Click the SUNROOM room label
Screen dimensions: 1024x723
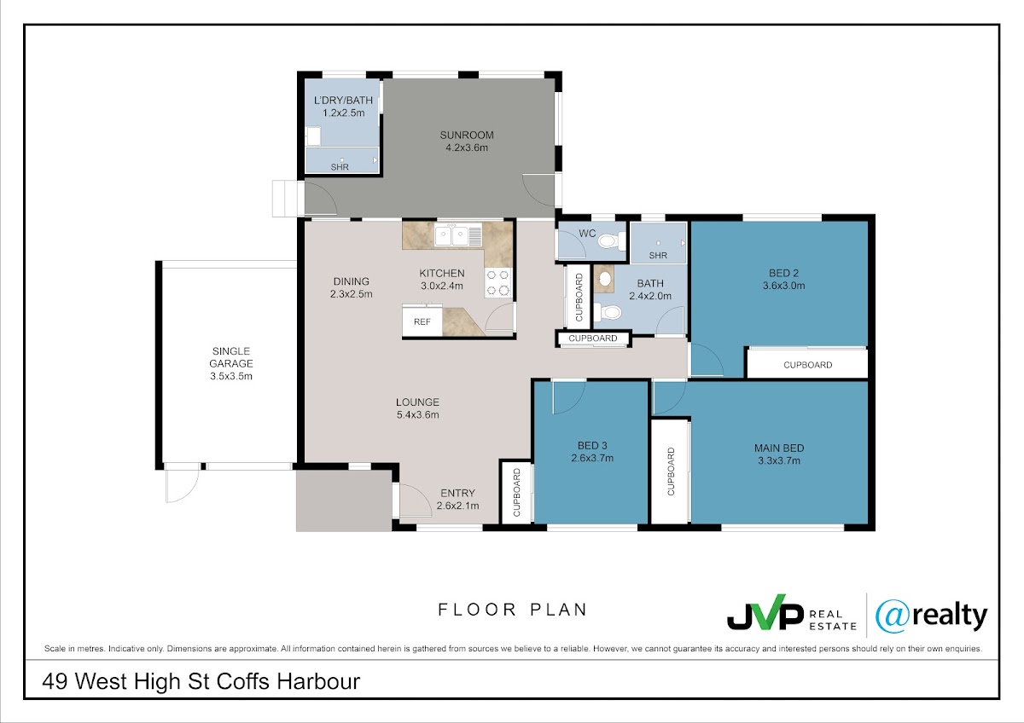click(x=467, y=136)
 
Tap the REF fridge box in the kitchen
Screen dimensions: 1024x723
click(x=422, y=321)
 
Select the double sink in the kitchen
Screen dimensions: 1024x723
click(x=458, y=235)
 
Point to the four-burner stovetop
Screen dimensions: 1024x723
click(x=497, y=283)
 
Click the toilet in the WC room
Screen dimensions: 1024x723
click(x=612, y=240)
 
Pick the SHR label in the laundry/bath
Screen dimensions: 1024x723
click(x=340, y=167)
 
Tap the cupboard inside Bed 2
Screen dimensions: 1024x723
click(x=807, y=364)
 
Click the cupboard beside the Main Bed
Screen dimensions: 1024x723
click(x=671, y=471)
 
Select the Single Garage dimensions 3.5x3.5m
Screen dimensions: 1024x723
click(x=231, y=376)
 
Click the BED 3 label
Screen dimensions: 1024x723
click(x=592, y=445)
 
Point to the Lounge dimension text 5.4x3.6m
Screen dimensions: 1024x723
click(x=417, y=414)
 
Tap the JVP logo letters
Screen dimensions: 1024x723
click(x=765, y=613)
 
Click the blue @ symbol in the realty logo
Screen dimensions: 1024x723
click(x=892, y=616)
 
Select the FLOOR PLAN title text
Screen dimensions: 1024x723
click(x=512, y=610)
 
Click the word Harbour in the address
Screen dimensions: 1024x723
click(x=318, y=681)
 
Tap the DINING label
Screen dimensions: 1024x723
click(x=351, y=281)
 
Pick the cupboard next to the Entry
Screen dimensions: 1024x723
click(x=516, y=492)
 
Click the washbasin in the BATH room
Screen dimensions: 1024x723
click(x=605, y=279)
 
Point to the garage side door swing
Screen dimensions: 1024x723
click(x=183, y=485)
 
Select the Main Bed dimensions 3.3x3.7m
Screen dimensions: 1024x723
click(x=779, y=460)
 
